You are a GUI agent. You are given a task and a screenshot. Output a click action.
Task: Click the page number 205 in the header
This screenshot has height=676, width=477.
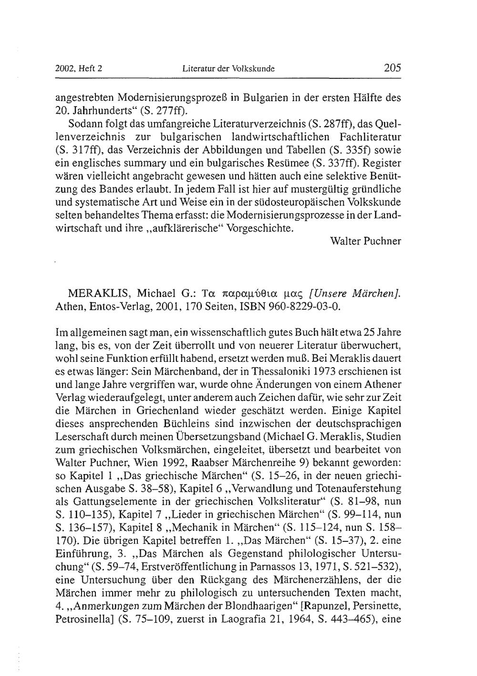click(x=392, y=68)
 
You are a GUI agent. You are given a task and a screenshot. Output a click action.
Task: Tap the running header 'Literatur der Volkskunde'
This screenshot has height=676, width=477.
click(x=228, y=69)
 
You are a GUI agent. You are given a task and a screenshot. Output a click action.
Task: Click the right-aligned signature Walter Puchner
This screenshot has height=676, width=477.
click(x=365, y=241)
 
